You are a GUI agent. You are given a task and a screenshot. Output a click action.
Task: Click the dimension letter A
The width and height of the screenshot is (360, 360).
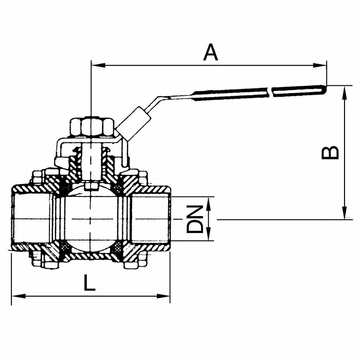(210, 53)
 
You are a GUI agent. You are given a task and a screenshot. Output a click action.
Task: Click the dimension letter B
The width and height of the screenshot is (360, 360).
(330, 152)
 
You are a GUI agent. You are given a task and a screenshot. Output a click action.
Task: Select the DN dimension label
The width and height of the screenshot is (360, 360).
(195, 219)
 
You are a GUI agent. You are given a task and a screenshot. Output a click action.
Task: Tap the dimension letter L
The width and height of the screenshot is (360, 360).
(89, 282)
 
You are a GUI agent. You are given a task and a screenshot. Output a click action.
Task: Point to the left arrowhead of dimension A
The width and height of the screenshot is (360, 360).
(98, 65)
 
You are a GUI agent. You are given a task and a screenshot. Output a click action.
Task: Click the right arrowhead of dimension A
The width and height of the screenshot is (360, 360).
(319, 65)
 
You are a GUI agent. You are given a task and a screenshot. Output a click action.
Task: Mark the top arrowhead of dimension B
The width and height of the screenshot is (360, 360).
(345, 93)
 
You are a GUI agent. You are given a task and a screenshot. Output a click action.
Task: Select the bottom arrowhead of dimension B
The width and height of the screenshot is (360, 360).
(345, 212)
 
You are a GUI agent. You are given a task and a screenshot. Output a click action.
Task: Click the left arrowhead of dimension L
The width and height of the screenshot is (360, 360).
(19, 296)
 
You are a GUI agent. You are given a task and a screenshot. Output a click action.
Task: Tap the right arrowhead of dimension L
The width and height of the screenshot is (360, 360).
(163, 296)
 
